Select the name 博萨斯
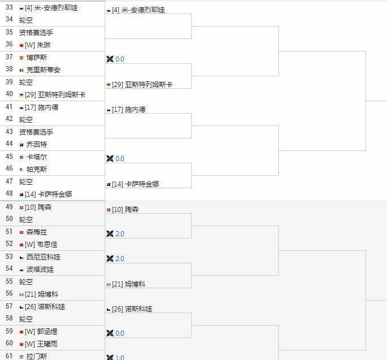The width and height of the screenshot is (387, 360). pos(37,58)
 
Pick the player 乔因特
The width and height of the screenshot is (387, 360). pos(37,145)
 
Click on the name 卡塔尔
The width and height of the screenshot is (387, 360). pos(37,157)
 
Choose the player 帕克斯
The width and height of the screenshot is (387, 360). pos(37,170)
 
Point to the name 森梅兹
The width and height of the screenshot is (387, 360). pos(37,232)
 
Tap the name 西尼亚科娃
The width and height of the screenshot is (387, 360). pos(44,257)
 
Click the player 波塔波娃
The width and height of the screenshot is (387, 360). pos(40,270)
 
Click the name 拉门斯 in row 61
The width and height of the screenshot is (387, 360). pos(37,356)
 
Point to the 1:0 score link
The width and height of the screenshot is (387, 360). pos(120,357)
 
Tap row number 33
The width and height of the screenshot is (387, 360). pos(9,8)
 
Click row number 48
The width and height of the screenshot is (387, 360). pos(9,194)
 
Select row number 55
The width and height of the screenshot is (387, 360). pos(9,281)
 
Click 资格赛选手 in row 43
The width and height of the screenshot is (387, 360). pos(36,132)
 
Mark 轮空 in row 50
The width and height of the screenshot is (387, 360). pos(26,219)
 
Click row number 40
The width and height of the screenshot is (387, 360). pos(9,95)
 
